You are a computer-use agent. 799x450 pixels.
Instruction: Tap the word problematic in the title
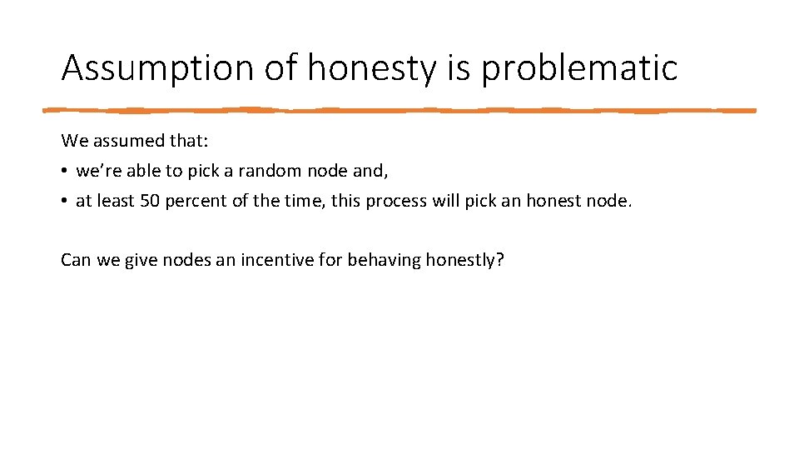pyautogui.click(x=579, y=68)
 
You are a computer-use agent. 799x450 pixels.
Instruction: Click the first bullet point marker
pyautogui.click(x=64, y=172)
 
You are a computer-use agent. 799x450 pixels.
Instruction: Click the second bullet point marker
pyautogui.click(x=64, y=201)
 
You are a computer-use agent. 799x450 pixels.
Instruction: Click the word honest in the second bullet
pyautogui.click(x=551, y=201)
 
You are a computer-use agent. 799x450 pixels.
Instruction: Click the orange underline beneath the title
pyautogui.click(x=399, y=109)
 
